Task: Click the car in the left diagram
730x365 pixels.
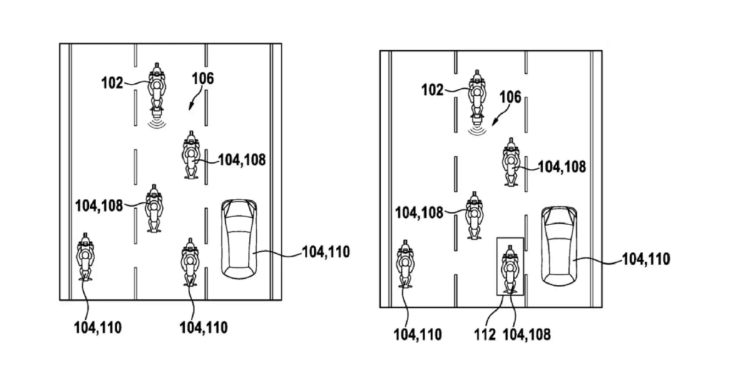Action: click(x=239, y=239)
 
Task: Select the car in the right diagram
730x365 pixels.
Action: click(x=559, y=246)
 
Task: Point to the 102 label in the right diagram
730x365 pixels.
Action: click(x=433, y=90)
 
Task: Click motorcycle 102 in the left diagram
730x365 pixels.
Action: click(x=157, y=89)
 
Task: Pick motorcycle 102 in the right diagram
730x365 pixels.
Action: click(x=478, y=96)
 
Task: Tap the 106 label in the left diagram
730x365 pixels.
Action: click(x=203, y=78)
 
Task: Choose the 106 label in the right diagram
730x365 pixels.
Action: click(x=510, y=97)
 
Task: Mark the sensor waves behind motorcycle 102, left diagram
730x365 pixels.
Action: click(x=158, y=123)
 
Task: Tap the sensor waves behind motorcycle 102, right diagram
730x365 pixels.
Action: click(x=478, y=129)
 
